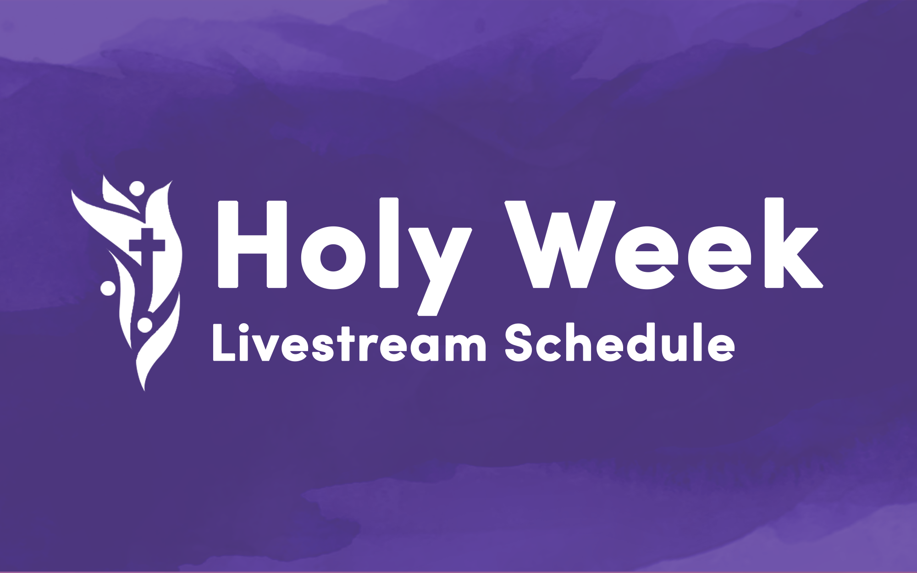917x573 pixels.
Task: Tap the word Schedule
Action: pyautogui.click(x=620, y=342)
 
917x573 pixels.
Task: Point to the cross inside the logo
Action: pyautogui.click(x=147, y=247)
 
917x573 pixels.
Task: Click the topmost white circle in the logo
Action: pyautogui.click(x=137, y=188)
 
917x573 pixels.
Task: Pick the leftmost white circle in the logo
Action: pyautogui.click(x=108, y=288)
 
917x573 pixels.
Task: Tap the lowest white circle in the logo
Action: pyautogui.click(x=145, y=325)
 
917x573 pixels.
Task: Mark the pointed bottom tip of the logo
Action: pyautogui.click(x=144, y=391)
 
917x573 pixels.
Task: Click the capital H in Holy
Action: pyautogui.click(x=252, y=244)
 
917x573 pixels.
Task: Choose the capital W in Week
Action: pyautogui.click(x=560, y=244)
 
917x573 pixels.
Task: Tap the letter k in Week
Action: pyautogui.click(x=794, y=243)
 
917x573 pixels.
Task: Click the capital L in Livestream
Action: pyautogui.click(x=224, y=342)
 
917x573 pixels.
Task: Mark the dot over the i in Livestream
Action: pyautogui.click(x=243, y=328)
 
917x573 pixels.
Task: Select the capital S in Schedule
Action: pyautogui.click(x=519, y=342)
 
